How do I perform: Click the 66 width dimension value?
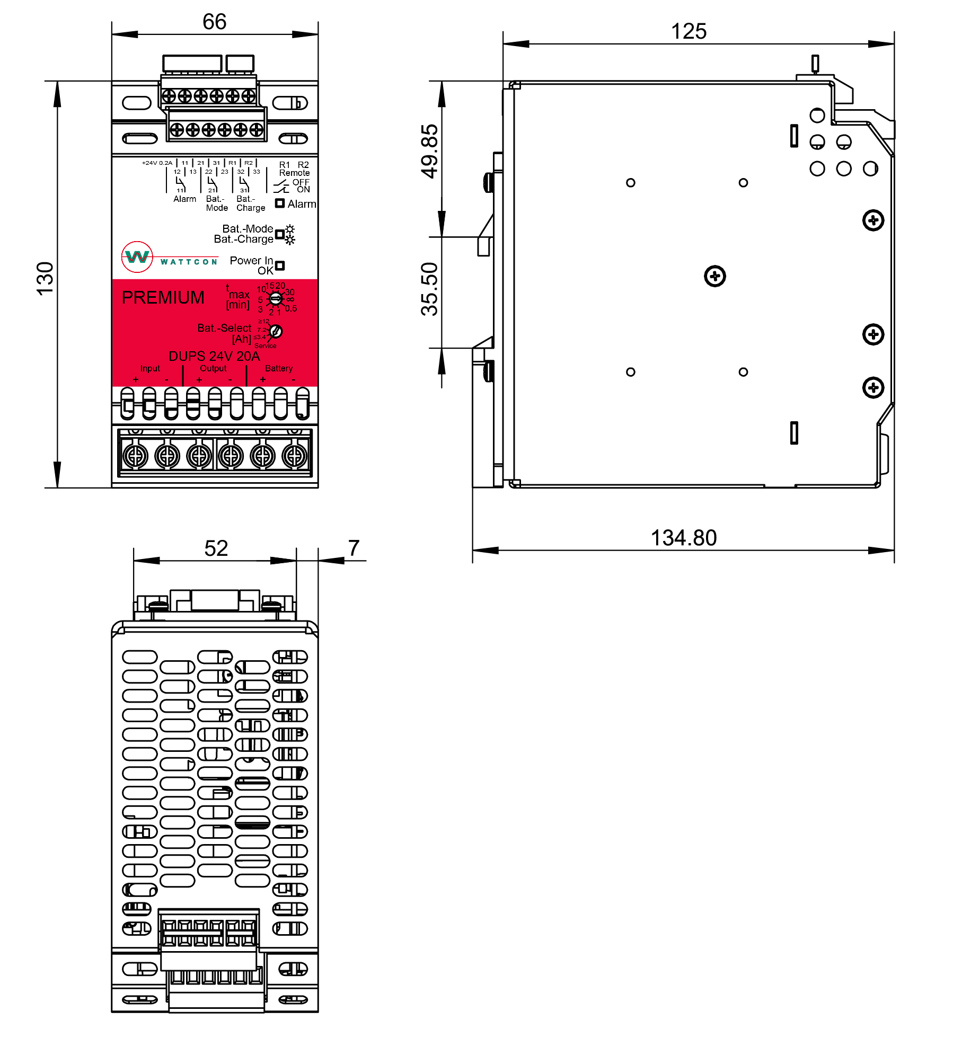point(214,22)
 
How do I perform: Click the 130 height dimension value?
point(46,278)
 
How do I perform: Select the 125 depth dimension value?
point(689,32)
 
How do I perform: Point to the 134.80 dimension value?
point(683,538)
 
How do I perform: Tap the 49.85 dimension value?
point(430,151)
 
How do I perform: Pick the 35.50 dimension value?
point(430,289)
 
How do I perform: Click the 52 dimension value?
point(216,548)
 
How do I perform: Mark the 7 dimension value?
point(354,548)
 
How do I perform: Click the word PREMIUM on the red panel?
point(163,298)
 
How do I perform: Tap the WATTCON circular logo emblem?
point(137,257)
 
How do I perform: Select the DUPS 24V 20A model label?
point(214,356)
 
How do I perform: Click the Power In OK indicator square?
point(280,265)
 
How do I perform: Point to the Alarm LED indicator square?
point(280,203)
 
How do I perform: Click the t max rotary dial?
point(276,299)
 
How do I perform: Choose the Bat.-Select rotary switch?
point(276,332)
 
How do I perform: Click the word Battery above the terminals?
point(279,368)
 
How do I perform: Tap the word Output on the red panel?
point(213,368)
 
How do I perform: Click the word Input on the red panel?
point(150,368)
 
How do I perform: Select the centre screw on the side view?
point(714,276)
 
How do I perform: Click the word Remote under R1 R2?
point(294,173)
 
